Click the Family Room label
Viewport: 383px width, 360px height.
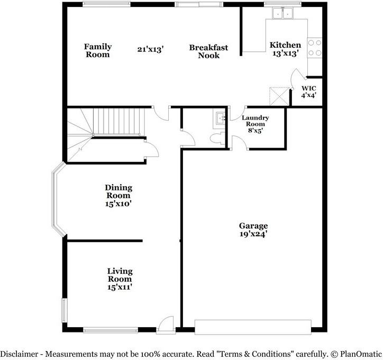click(98, 51)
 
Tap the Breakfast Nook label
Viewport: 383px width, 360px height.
click(208, 51)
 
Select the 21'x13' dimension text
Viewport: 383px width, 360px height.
click(150, 49)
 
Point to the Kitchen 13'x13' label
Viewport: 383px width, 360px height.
click(285, 49)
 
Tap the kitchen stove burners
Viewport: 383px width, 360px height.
click(314, 48)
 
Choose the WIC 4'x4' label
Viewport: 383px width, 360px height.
click(309, 92)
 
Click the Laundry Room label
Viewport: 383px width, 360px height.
click(256, 125)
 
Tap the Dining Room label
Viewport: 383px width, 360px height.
click(118, 195)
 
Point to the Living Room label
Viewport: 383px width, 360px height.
click(120, 278)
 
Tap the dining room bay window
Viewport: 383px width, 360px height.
click(58, 201)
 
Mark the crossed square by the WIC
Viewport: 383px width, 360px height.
click(279, 96)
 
